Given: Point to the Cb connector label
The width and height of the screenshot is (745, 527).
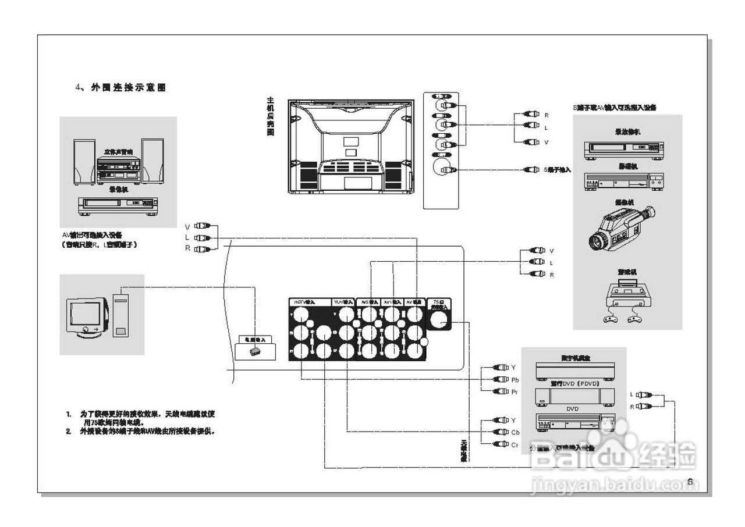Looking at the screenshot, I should pos(515,432).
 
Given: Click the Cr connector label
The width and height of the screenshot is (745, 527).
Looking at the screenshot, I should pos(515,444).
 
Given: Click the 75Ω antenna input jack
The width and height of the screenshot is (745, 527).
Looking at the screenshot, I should pos(439,319).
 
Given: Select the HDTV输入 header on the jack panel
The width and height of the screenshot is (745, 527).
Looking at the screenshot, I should pos(304,302).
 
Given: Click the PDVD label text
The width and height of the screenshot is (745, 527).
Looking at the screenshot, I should pos(574,384).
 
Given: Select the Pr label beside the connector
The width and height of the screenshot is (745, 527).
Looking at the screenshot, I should pos(515,392).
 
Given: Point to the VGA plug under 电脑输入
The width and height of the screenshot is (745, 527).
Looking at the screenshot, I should pos(254,352).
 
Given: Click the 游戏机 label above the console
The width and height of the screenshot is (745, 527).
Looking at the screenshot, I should pos(626,272).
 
